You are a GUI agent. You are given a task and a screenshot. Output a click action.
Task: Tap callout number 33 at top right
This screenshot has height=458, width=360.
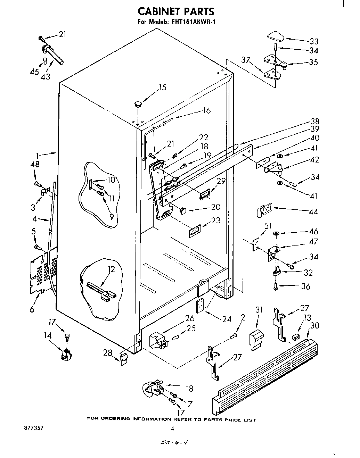click(x=314, y=41)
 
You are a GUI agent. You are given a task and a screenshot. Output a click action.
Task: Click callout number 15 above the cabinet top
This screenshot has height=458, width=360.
click(x=162, y=88)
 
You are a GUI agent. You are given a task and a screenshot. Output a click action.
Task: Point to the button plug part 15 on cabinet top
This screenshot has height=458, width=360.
click(x=138, y=103)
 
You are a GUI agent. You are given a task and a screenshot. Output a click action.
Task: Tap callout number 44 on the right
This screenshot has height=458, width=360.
click(x=313, y=211)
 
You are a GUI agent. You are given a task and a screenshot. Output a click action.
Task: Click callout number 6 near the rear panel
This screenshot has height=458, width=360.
click(x=32, y=309)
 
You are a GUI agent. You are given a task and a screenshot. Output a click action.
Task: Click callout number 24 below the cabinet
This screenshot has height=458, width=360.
click(x=227, y=319)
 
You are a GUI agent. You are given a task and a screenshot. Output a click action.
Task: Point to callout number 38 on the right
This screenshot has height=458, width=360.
click(x=315, y=122)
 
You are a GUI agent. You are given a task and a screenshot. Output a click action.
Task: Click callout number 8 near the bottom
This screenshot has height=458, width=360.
click(x=190, y=389)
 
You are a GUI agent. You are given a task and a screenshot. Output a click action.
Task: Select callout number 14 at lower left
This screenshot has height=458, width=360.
click(x=48, y=335)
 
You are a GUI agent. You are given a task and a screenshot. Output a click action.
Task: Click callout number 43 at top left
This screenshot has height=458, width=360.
click(x=46, y=76)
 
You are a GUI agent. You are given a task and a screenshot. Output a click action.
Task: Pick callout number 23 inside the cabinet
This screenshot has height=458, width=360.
click(x=216, y=220)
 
